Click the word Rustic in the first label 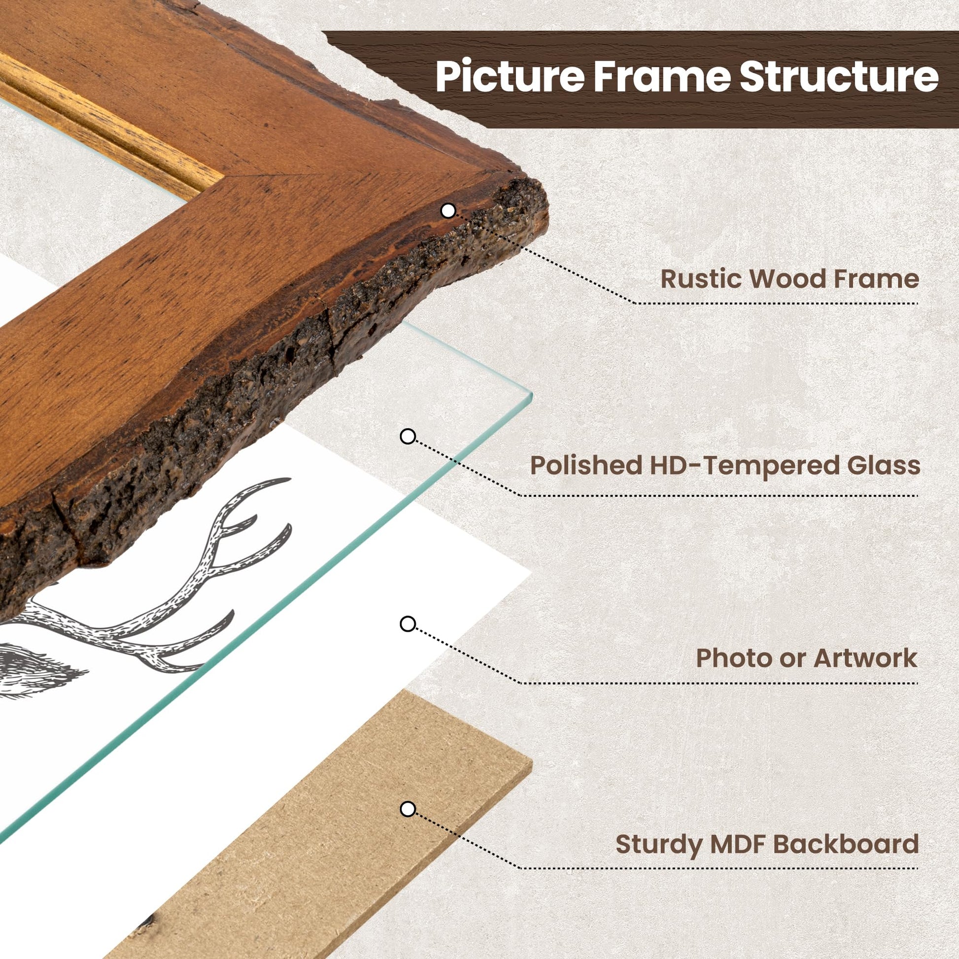701,279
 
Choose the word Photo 729,658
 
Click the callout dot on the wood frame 448,211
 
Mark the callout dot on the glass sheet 408,437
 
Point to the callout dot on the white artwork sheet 408,624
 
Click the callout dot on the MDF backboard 408,810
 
